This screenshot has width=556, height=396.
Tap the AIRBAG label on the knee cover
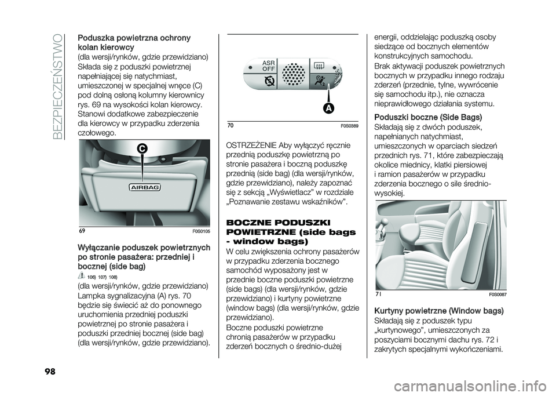click(x=144, y=187)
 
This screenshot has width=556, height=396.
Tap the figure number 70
click(x=231, y=126)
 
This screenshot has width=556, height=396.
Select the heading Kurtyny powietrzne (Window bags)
click(x=439, y=311)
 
